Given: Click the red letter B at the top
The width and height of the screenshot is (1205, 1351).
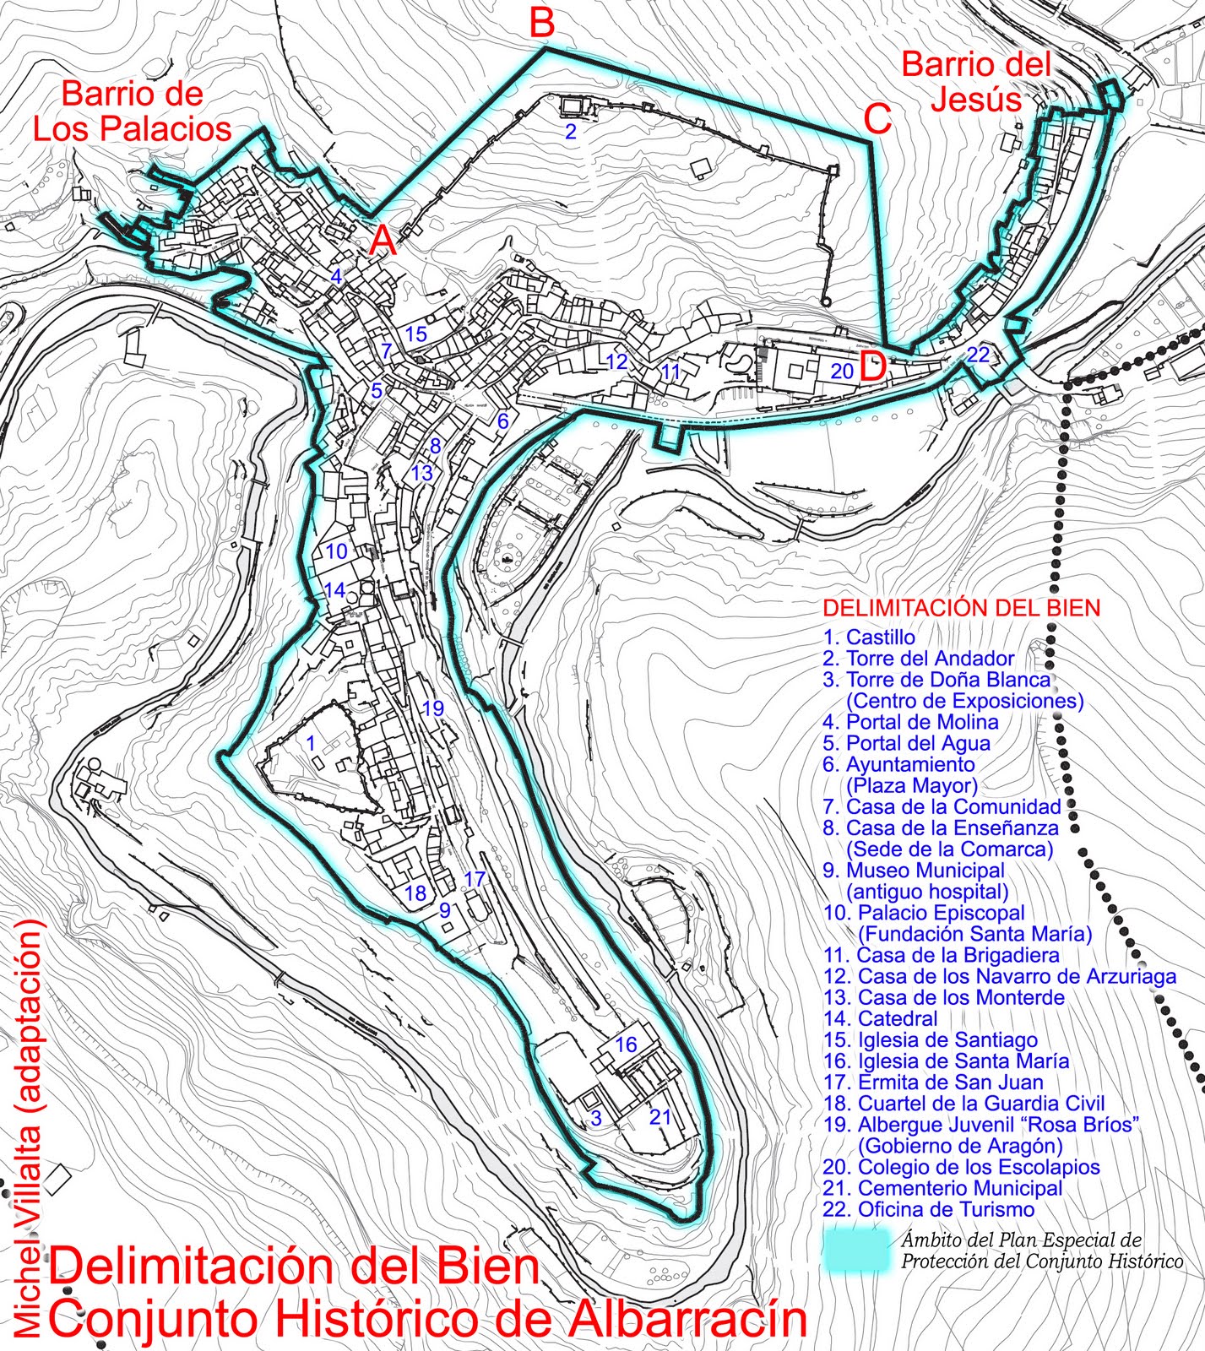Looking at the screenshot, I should (x=542, y=23).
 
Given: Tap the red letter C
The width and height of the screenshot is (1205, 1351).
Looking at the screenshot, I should (x=877, y=120).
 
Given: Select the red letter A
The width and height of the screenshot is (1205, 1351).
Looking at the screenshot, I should (x=383, y=242).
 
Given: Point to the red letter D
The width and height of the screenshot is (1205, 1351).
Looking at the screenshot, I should (x=873, y=367).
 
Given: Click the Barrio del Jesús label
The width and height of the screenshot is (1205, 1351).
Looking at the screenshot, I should (x=976, y=82).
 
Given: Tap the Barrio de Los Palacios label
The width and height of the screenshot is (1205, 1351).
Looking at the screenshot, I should (x=132, y=111).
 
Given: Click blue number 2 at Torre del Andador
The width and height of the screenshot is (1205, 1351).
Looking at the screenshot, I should (x=571, y=132).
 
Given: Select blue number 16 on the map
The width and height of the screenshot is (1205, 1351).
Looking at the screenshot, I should (x=625, y=1044).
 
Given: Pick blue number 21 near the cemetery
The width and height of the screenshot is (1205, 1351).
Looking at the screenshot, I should (x=659, y=1117).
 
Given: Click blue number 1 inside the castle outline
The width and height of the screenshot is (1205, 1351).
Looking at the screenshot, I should (x=311, y=744).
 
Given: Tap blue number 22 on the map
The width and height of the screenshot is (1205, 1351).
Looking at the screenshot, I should (x=978, y=355).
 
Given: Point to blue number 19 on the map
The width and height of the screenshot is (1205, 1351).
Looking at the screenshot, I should (x=432, y=708).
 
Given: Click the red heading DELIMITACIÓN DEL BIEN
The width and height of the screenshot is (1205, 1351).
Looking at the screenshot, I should (x=961, y=608).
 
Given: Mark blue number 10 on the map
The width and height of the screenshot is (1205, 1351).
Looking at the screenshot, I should (x=336, y=551).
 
